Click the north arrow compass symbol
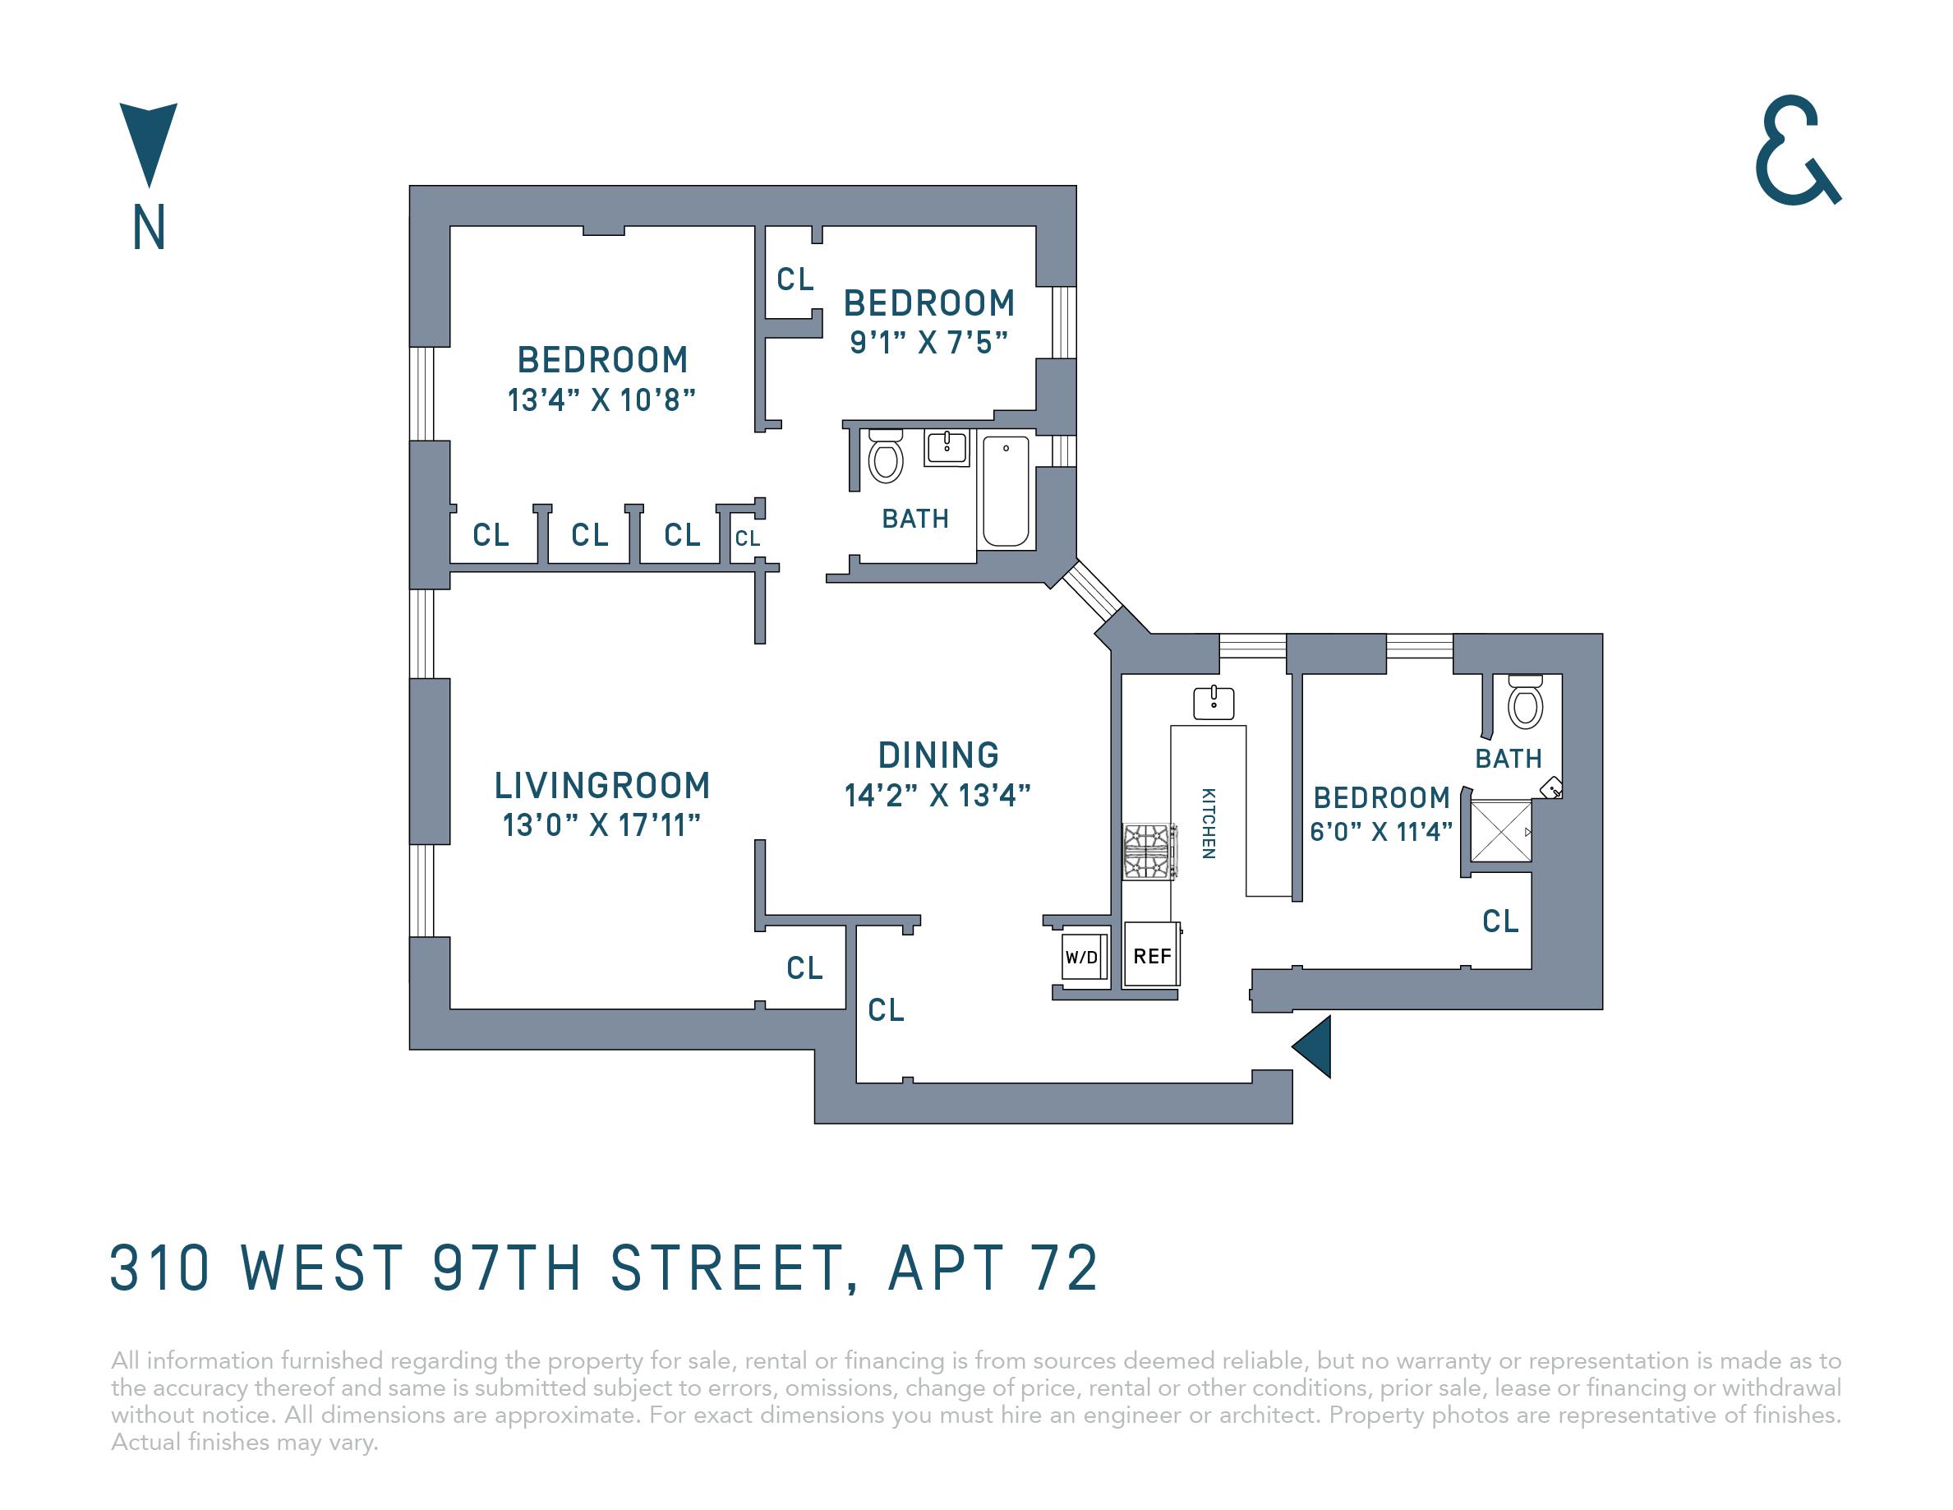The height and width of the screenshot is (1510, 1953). (149, 143)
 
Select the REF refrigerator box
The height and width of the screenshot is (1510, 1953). (1152, 955)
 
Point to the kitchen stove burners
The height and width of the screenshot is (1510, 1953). (1147, 852)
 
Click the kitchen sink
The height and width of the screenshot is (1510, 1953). (1214, 703)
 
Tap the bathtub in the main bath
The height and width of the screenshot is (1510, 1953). (1006, 491)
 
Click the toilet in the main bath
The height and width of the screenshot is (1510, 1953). (885, 456)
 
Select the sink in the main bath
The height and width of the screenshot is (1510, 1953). (946, 447)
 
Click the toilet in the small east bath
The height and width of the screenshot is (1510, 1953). (1526, 701)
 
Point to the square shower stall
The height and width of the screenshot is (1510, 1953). (1500, 831)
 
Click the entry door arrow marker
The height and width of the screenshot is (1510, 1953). (1313, 1046)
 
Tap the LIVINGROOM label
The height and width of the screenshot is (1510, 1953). (601, 786)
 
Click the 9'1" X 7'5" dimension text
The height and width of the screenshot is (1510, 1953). (929, 343)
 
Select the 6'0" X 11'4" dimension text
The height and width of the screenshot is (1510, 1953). (1380, 831)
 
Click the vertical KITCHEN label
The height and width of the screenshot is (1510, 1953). (1208, 823)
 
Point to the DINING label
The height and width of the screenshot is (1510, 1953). (938, 755)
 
